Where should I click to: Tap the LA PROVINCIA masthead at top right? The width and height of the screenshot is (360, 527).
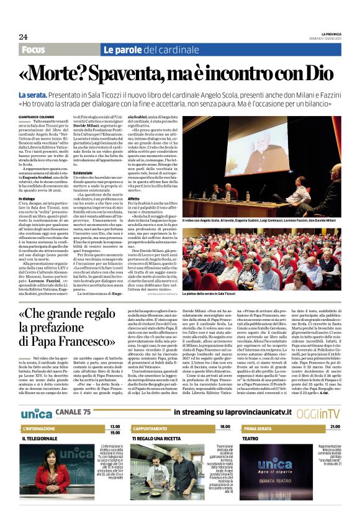coord(326,34)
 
